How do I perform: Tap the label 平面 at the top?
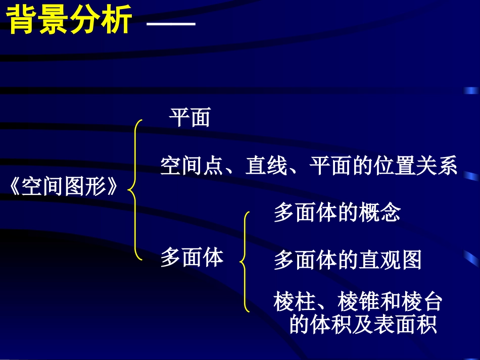[189, 118]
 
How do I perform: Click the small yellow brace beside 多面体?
[245, 262]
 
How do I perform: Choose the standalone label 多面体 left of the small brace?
[192, 258]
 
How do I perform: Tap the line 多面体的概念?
[337, 213]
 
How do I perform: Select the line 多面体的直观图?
[348, 261]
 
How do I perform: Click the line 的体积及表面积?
[363, 325]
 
